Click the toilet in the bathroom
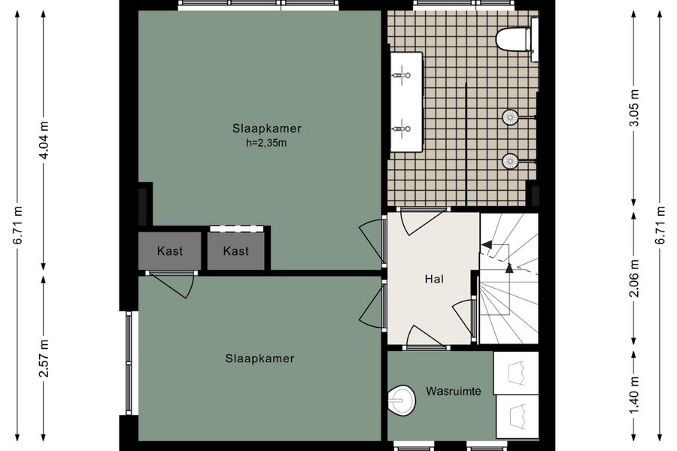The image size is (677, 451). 514,39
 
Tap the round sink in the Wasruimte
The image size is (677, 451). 401,400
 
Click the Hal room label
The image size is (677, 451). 434,279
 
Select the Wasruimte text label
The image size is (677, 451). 454,391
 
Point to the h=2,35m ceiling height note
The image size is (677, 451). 266,142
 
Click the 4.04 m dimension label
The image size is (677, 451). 44,141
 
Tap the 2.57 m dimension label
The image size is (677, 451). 44,359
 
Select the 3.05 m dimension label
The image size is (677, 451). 634,108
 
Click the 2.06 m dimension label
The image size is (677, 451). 634,278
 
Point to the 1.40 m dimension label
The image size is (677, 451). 634,395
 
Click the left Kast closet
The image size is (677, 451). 170,251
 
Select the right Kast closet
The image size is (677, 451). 235,251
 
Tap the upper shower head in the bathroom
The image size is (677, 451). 510,117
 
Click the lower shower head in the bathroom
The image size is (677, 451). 510,162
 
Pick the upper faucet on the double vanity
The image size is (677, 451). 402,75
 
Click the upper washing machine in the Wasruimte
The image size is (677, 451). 516,373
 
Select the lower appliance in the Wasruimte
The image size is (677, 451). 518,416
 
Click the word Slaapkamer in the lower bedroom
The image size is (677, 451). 260,359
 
